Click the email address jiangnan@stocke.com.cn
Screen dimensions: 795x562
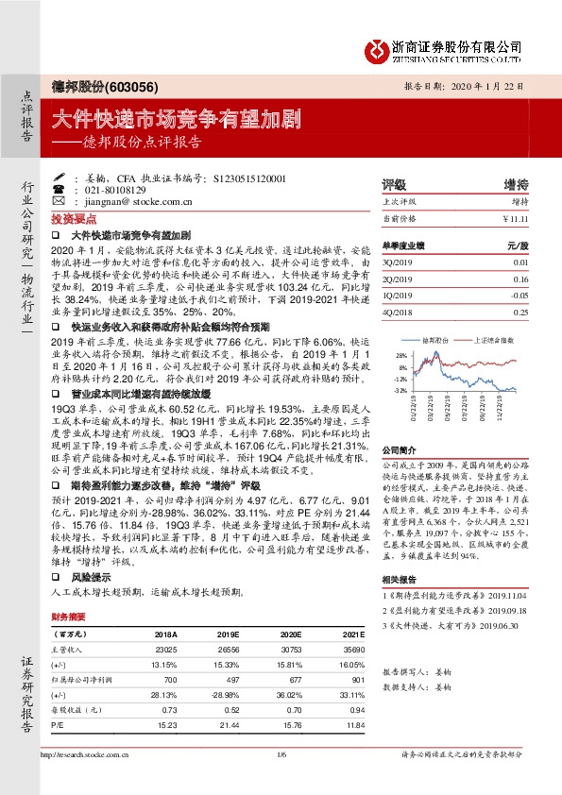pyautogui.click(x=139, y=201)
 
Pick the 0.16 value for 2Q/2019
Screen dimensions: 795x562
pyautogui.click(x=519, y=280)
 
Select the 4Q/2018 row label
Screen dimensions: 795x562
pyautogui.click(x=399, y=310)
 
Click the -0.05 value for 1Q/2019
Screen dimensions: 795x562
pyautogui.click(x=517, y=295)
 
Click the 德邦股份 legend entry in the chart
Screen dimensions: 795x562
pyautogui.click(x=434, y=340)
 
